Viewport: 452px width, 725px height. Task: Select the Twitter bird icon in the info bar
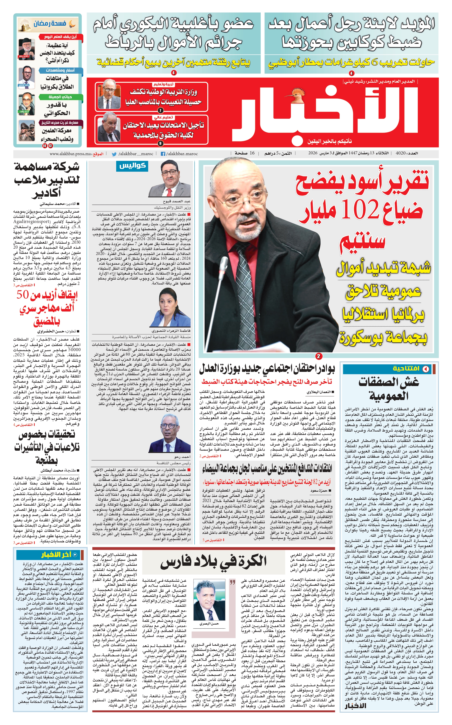pos(114,154)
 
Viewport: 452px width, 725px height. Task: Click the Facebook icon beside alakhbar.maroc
pos(163,154)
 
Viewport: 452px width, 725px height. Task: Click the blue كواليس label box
pos(132,166)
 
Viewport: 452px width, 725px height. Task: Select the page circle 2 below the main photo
pos(319,356)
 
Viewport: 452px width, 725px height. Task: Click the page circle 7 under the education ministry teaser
pos(160,110)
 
